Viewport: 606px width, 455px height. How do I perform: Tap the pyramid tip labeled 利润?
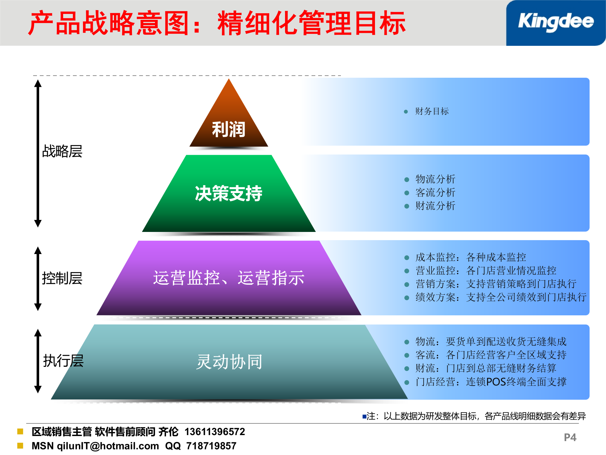pyautogui.click(x=229, y=129)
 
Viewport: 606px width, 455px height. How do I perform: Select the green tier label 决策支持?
pyautogui.click(x=229, y=193)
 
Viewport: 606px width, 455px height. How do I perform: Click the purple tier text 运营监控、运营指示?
pyautogui.click(x=229, y=278)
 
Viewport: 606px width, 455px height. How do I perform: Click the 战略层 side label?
pyautogui.click(x=62, y=151)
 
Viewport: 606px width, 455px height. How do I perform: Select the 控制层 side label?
pyautogui.click(x=62, y=278)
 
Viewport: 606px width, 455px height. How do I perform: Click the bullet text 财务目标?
pyautogui.click(x=432, y=111)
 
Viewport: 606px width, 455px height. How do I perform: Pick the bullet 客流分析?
pyautogui.click(x=435, y=192)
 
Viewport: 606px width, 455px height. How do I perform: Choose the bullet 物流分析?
pyautogui.click(x=435, y=179)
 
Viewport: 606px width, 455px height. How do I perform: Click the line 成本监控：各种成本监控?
pyautogui.click(x=471, y=257)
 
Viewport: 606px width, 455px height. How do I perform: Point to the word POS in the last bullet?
pyautogui.click(x=496, y=382)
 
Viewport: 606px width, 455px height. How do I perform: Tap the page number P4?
pyautogui.click(x=570, y=437)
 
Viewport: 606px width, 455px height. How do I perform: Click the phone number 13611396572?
pyautogui.click(x=215, y=432)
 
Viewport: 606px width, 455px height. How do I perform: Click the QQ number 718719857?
pyautogui.click(x=211, y=446)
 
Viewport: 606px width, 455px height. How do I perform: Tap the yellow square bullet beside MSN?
pyautogui.click(x=20, y=446)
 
